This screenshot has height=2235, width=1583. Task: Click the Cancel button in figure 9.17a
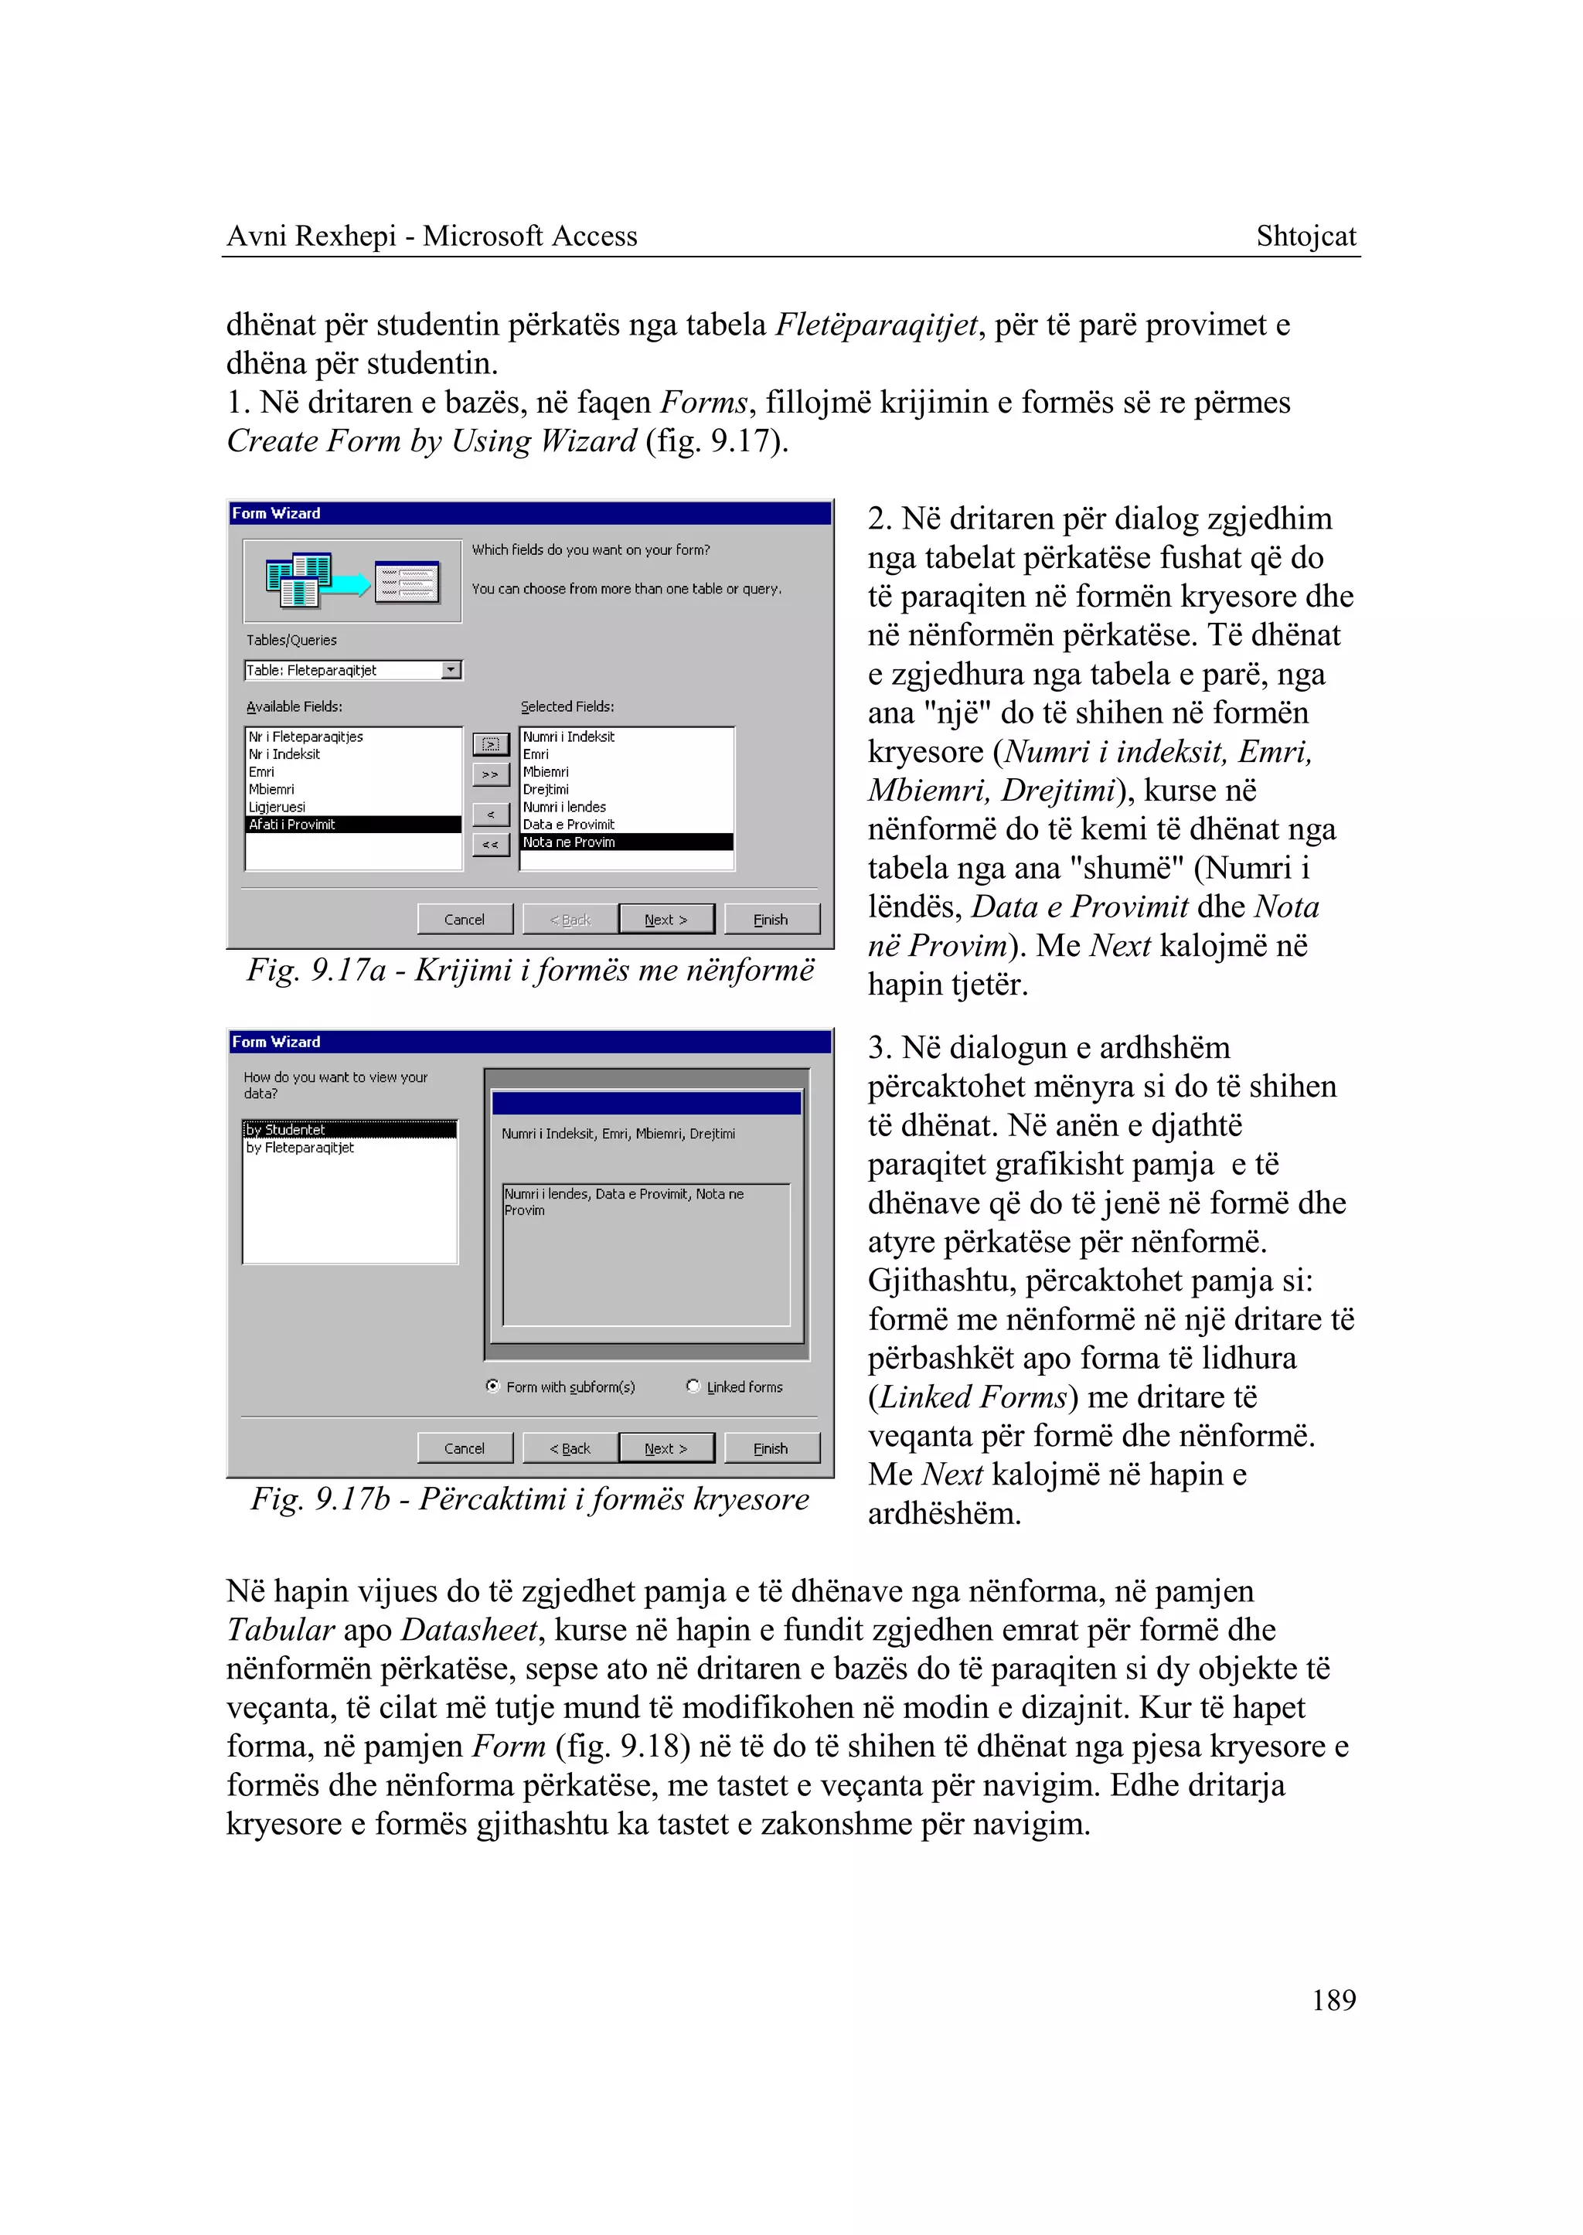tap(464, 919)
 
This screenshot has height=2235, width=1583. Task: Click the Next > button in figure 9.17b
tap(666, 1448)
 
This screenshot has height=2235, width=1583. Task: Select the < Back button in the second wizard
tap(570, 1448)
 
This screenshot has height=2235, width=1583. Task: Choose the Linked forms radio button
tap(693, 1386)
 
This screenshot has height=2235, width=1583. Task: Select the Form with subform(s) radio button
tap(493, 1386)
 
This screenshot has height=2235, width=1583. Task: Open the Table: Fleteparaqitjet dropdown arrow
tap(451, 669)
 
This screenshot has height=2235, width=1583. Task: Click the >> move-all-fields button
tap(490, 774)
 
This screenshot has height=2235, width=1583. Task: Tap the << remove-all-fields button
tap(490, 844)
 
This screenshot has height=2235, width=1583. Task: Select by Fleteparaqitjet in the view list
tap(300, 1148)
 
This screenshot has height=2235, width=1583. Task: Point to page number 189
tap(1333, 2000)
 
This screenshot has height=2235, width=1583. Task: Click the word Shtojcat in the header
tap(1306, 236)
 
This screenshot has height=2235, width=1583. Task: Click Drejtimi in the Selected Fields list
tap(546, 790)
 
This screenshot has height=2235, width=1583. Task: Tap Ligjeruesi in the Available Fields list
tap(277, 807)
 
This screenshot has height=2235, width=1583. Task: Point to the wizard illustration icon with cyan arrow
tap(351, 581)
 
